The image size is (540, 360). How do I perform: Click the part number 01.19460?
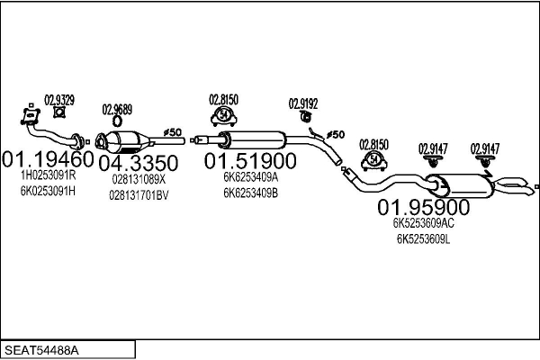click(48, 159)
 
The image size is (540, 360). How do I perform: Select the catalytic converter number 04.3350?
click(139, 163)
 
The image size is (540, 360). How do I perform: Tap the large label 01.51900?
click(250, 161)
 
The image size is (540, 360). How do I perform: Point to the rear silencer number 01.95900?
click(424, 207)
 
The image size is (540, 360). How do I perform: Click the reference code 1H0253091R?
click(49, 175)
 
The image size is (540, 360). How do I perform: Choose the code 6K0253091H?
click(48, 191)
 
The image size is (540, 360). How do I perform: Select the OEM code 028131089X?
click(139, 179)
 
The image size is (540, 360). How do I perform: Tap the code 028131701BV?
click(139, 195)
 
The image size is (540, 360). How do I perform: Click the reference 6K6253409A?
click(251, 177)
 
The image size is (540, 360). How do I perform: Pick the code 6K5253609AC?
click(424, 223)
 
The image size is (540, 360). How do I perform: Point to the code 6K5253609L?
click(424, 239)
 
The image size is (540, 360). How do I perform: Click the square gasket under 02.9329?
click(59, 112)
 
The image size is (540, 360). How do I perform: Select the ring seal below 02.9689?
click(117, 121)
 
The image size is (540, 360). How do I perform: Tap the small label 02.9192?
click(303, 103)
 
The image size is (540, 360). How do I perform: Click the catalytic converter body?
click(123, 141)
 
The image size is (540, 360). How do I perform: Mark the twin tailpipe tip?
click(514, 186)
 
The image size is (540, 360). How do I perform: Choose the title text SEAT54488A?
click(41, 350)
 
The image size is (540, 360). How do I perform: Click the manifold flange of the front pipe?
click(31, 116)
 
